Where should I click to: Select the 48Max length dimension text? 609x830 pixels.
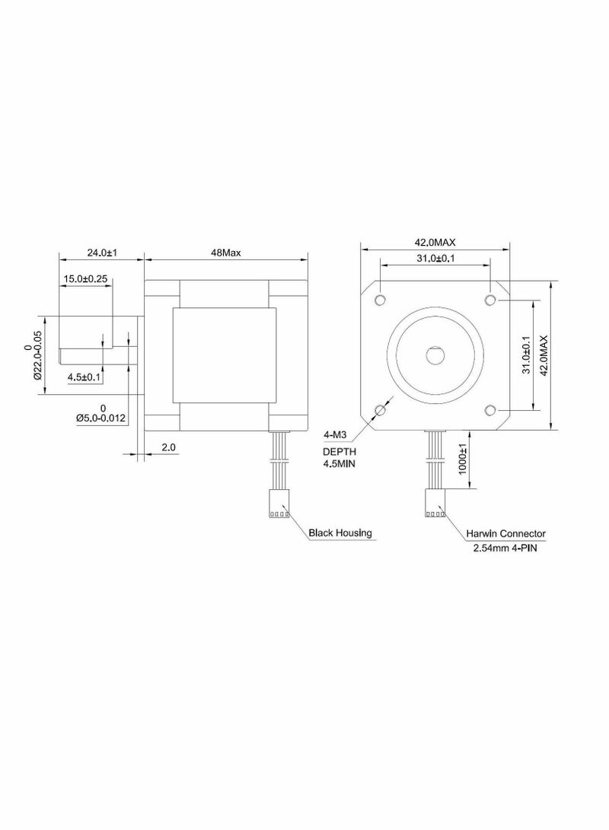[x=226, y=253]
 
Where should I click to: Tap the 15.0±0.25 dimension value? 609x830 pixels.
[x=85, y=279]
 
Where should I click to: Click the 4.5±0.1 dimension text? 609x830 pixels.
[x=84, y=377]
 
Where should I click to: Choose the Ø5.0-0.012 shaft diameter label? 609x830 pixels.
[x=100, y=418]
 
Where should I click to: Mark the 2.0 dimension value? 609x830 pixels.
[x=168, y=448]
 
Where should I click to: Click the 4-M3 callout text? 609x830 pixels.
[x=336, y=435]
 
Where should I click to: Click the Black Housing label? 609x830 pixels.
[x=340, y=533]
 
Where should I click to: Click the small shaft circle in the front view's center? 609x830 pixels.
[x=435, y=355]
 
